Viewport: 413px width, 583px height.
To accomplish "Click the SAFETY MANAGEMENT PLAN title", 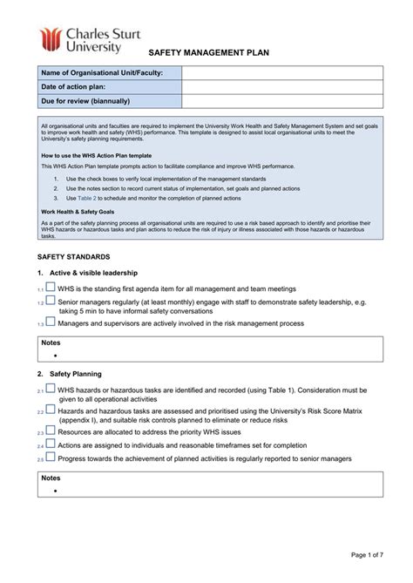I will [208, 53].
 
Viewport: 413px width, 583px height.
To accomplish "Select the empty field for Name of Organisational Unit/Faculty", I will [281, 73].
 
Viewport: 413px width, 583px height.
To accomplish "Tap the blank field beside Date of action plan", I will [281, 87].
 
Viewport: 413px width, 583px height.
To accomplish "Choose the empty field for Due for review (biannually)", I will [281, 101].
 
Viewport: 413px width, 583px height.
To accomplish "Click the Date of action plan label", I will [77, 87].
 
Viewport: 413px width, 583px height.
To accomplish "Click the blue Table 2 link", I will [87, 197].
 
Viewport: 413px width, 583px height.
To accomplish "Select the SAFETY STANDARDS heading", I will [73, 257].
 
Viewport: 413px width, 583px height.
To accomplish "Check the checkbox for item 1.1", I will [51, 287].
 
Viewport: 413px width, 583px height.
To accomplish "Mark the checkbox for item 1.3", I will [51, 322].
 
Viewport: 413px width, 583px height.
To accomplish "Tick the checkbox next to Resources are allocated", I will [51, 431].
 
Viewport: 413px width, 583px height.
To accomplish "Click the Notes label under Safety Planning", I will [51, 478].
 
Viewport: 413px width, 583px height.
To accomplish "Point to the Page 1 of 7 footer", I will [371, 555].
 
